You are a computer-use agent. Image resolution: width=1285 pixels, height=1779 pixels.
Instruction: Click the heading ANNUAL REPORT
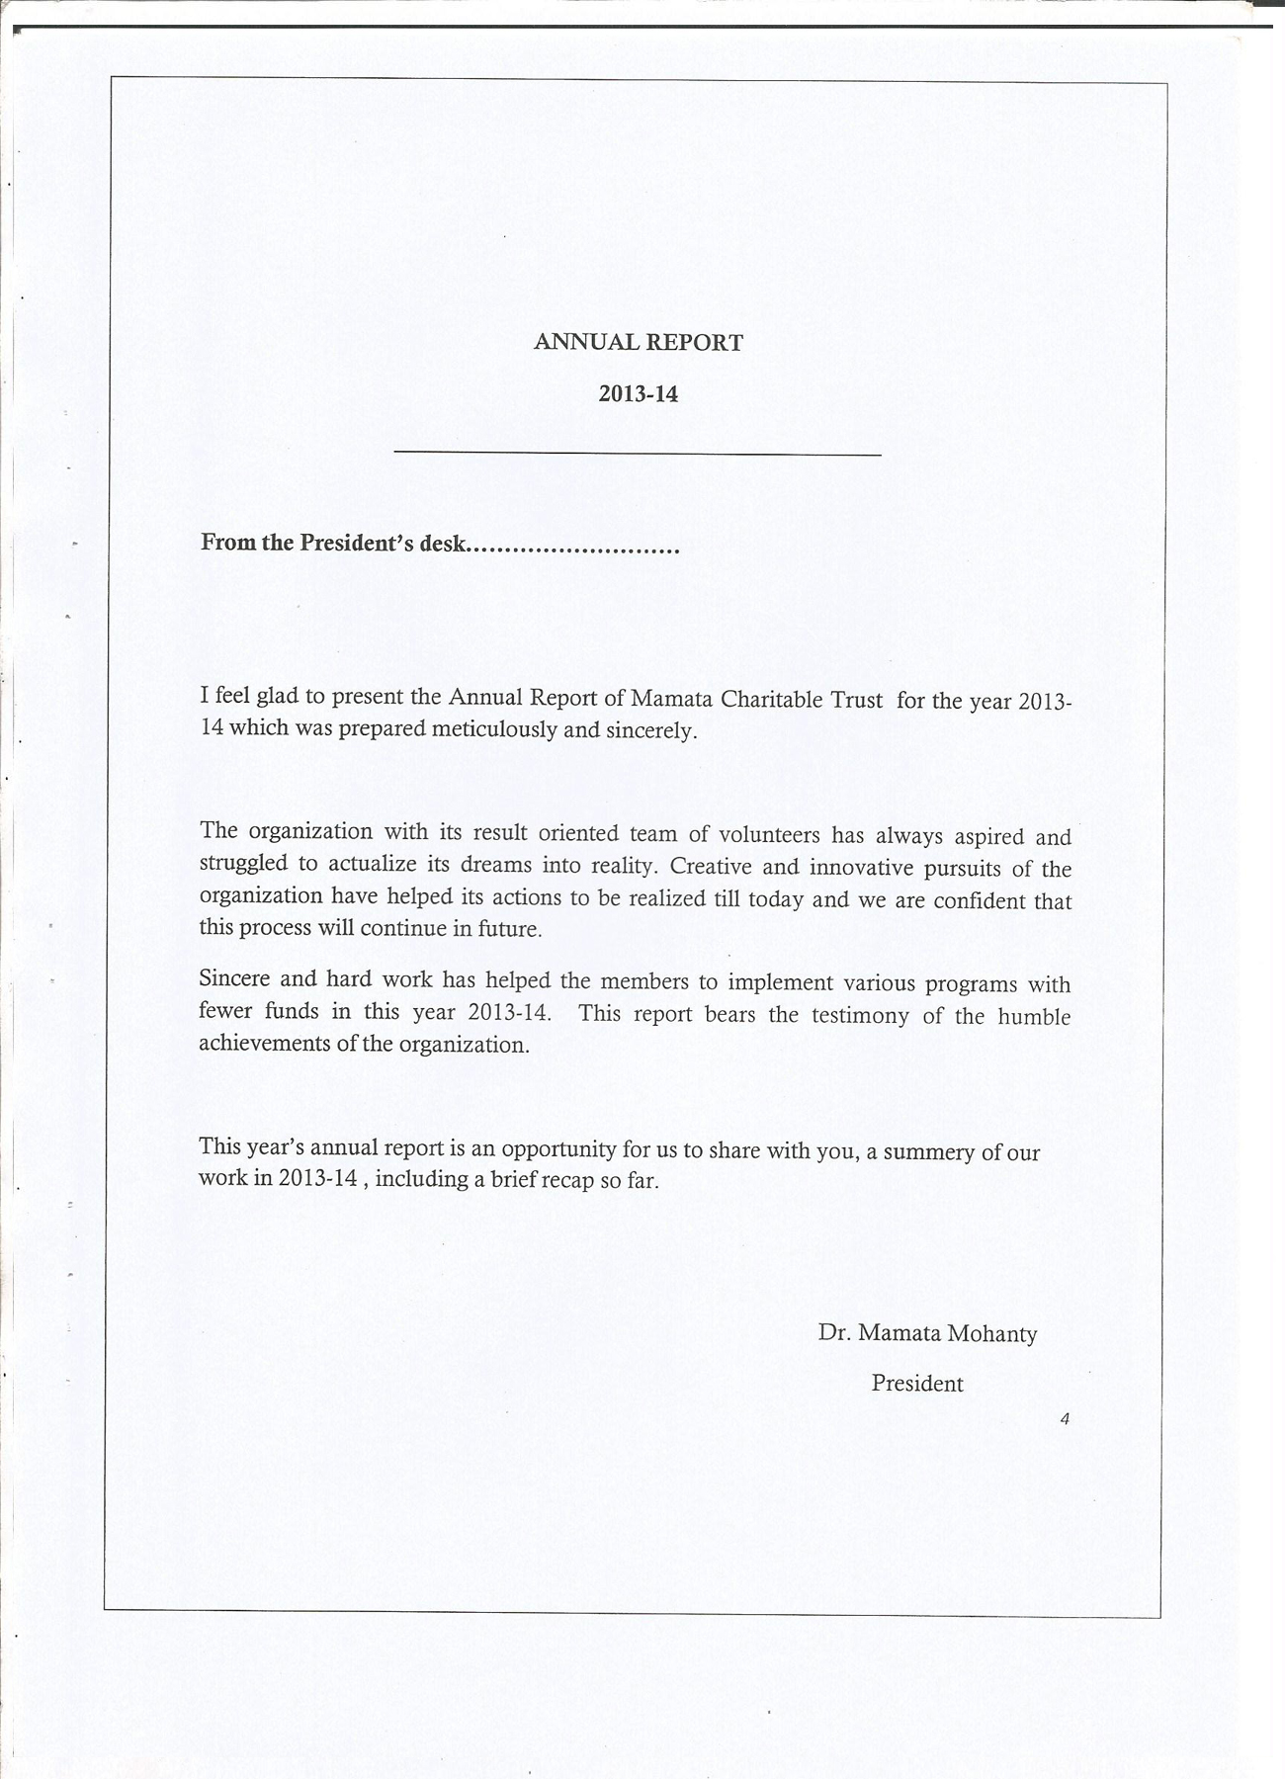(x=638, y=343)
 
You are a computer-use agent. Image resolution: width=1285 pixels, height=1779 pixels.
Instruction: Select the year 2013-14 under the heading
(x=638, y=393)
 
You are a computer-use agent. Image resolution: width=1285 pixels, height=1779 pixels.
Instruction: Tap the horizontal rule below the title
(x=638, y=455)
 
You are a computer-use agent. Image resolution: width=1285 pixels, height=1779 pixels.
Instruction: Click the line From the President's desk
(x=440, y=544)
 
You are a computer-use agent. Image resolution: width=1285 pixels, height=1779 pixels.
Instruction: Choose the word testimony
(x=860, y=1016)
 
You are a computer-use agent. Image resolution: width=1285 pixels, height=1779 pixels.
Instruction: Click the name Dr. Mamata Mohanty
(x=927, y=1333)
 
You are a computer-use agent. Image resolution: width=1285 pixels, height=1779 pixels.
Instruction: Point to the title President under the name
(x=916, y=1384)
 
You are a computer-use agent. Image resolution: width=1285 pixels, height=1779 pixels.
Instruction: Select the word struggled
(x=243, y=863)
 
